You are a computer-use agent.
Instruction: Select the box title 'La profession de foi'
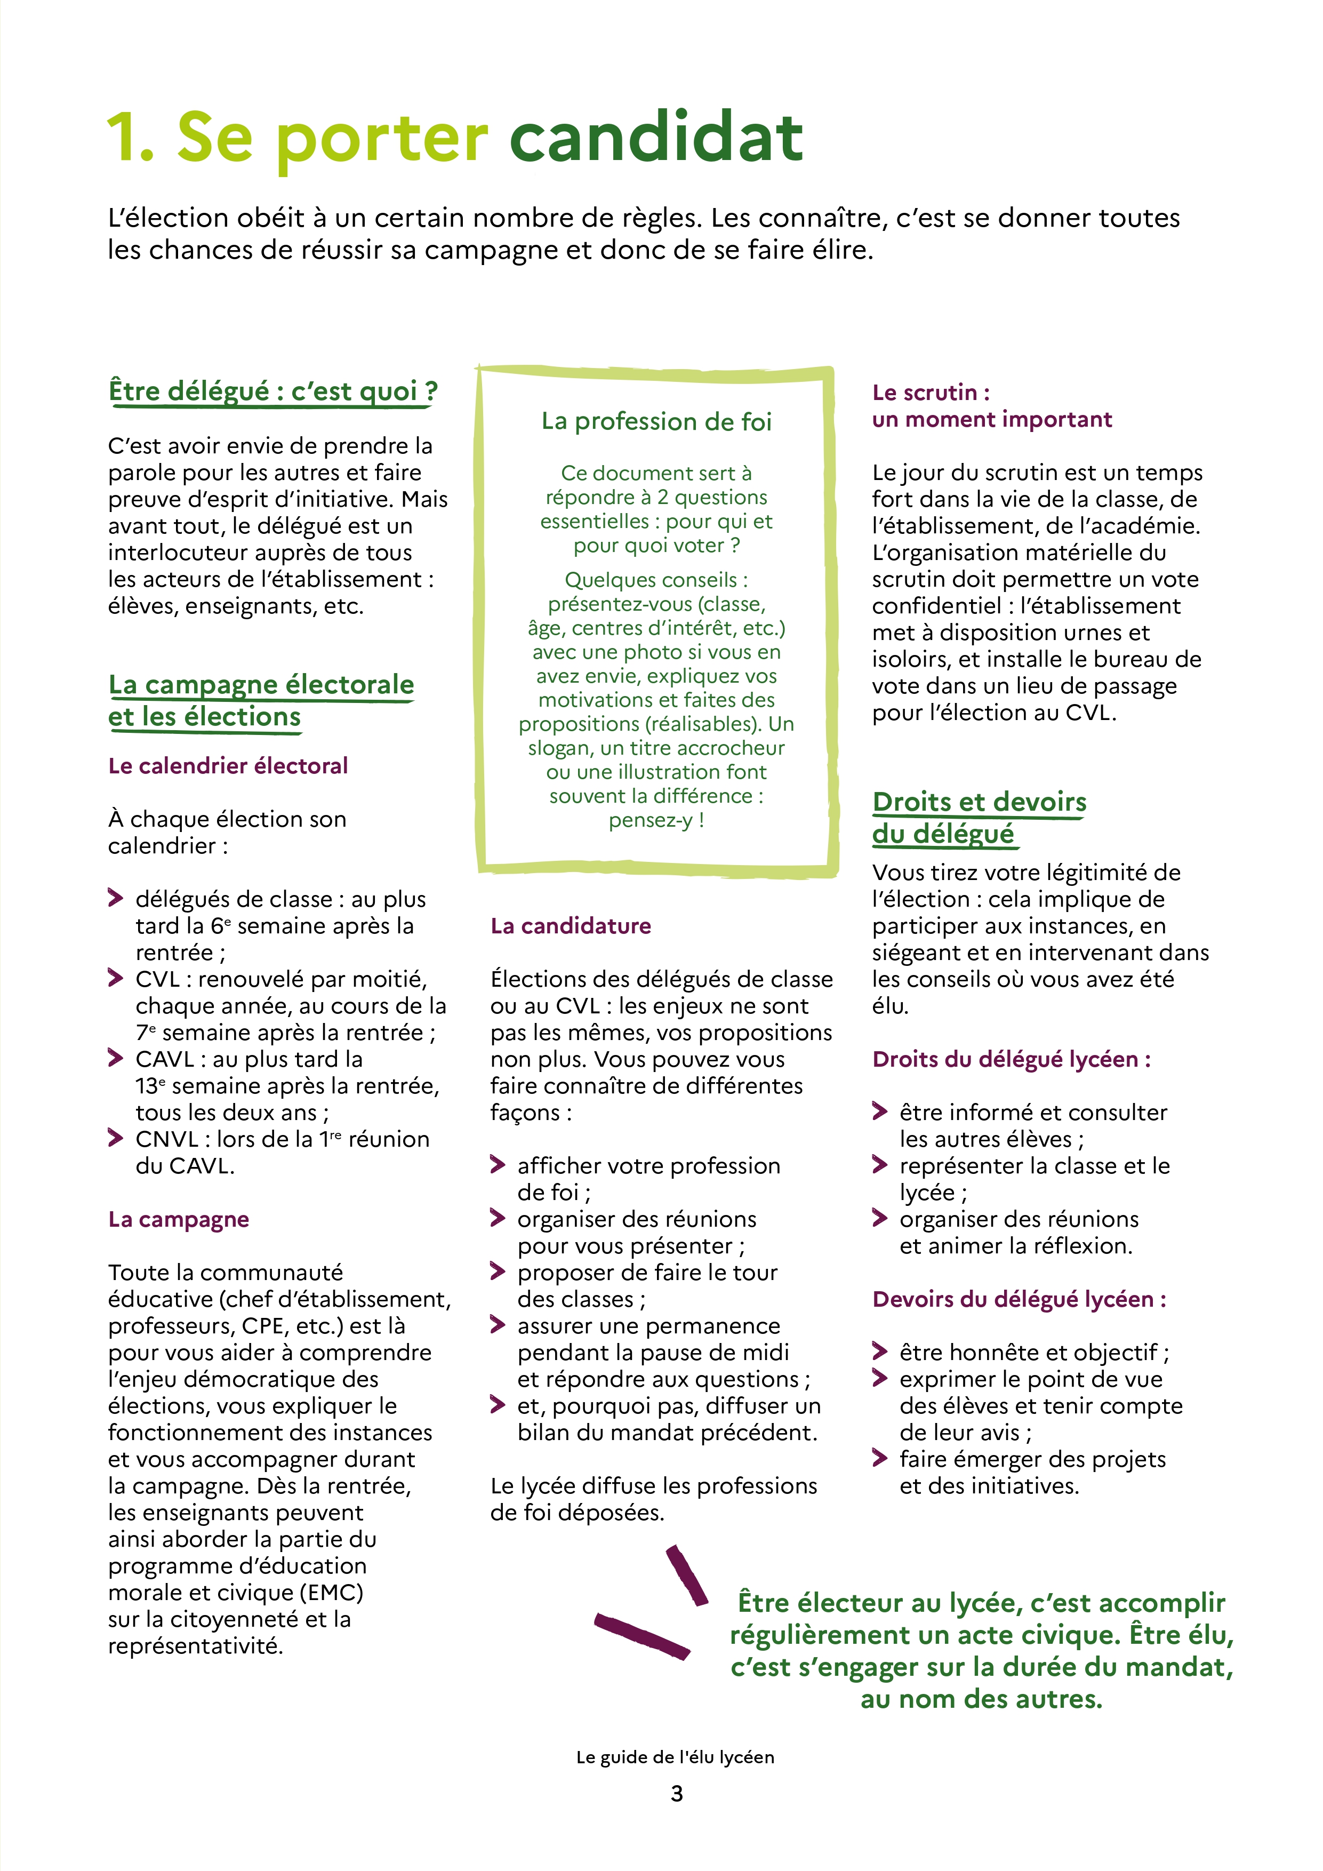coord(656,421)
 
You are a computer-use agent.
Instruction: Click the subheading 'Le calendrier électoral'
coord(228,766)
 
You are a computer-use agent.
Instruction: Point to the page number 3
coord(676,1794)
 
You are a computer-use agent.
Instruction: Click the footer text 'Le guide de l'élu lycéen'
coord(675,1757)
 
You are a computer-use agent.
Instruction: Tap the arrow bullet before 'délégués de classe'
coord(116,898)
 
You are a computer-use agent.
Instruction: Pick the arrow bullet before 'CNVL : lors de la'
coord(116,1138)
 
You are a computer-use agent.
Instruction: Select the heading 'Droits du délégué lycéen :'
coord(1011,1059)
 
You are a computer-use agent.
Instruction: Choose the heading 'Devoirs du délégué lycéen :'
coord(1019,1299)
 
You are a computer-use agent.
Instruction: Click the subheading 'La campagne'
coord(179,1219)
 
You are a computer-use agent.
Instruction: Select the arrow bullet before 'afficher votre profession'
coord(498,1164)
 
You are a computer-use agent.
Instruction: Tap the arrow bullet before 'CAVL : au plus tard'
coord(116,1058)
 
